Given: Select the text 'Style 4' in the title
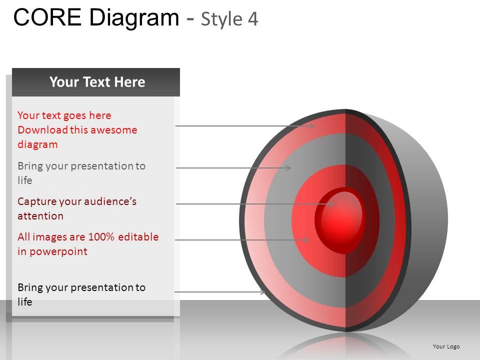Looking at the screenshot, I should click(229, 19).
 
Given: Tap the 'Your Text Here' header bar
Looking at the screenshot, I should click(96, 82).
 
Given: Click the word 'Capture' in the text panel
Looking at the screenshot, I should click(36, 201).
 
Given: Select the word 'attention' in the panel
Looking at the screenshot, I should click(40, 216).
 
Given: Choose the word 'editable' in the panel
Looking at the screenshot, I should click(138, 237).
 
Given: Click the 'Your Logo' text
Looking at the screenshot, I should click(446, 346).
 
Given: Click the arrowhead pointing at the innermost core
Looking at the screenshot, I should click(331, 203).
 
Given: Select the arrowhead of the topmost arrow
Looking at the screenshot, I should click(311, 126).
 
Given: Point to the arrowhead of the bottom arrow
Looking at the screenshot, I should click(263, 292).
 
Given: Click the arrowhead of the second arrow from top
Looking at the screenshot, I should click(288, 168).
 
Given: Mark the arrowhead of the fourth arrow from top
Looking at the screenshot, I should click(307, 240).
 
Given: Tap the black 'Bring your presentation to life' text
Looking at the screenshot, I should click(81, 294).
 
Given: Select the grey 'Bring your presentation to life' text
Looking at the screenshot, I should click(81, 172).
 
